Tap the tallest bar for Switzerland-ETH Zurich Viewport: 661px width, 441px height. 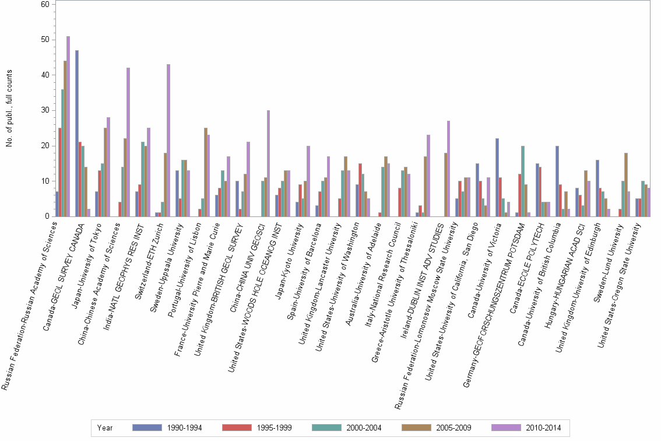(x=168, y=140)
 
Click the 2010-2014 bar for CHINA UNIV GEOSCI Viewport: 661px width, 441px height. (x=268, y=163)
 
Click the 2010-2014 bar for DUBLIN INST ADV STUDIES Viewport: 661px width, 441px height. (x=448, y=169)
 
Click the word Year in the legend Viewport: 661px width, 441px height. (x=105, y=428)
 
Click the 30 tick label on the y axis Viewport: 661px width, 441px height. (x=44, y=110)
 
